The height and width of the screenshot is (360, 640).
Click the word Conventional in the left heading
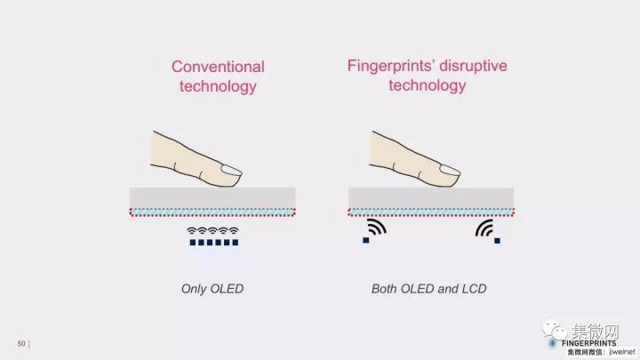pos(218,67)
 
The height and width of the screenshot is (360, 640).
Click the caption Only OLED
pos(212,289)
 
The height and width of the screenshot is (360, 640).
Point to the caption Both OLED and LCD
pos(428,289)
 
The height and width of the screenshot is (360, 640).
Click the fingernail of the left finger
pos(231,171)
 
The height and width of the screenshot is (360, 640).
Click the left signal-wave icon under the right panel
pos(377,228)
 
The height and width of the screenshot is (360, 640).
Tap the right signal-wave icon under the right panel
pos(484,229)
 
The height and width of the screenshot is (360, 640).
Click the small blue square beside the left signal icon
pos(365,239)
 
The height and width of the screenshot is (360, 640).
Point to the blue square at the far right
pos(497,240)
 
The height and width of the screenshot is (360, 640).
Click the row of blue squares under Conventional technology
pos(212,242)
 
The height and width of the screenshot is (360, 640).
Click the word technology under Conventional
pos(218,86)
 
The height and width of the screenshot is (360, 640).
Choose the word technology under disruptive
pos(427,85)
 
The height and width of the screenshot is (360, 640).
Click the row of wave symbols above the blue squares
pos(212,231)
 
